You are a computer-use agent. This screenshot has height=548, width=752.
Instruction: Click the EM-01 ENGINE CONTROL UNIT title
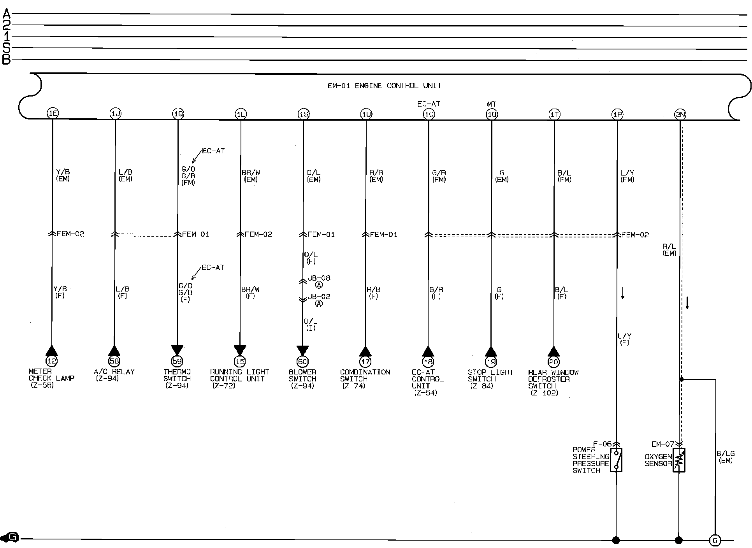[384, 86]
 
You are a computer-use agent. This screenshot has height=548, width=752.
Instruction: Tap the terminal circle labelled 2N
[680, 114]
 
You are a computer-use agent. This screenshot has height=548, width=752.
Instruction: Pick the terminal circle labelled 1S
[304, 114]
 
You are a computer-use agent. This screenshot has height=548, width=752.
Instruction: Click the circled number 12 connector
[51, 361]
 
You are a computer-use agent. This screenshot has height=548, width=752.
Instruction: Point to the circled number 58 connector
[114, 361]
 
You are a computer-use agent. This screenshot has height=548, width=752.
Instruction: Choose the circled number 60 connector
[302, 362]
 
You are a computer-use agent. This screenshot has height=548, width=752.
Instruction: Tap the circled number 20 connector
[553, 362]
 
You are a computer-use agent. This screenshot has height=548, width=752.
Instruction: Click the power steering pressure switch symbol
[616, 460]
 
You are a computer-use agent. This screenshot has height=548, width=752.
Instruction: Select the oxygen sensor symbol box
[679, 460]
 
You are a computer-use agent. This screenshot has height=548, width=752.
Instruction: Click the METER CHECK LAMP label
[51, 378]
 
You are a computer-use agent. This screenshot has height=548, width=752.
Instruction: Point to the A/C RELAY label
[114, 375]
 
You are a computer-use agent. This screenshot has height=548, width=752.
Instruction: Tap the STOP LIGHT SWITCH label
[490, 379]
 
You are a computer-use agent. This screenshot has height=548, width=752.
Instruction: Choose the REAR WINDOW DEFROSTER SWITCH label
[553, 382]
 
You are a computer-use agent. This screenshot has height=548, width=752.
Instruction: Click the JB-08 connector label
[319, 278]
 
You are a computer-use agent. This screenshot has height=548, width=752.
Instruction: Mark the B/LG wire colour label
[726, 457]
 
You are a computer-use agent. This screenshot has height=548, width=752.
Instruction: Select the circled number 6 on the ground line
[715, 540]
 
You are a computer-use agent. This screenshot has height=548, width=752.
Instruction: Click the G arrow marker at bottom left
[11, 538]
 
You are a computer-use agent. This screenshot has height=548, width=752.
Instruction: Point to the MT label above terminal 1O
[492, 104]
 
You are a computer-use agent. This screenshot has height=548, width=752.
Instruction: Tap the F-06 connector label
[602, 444]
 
